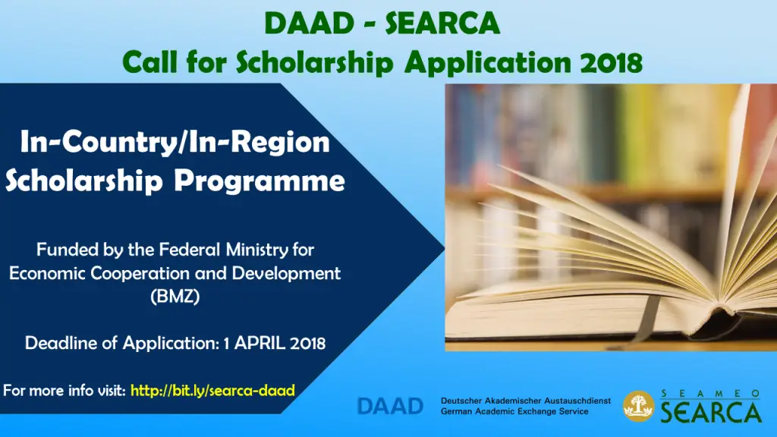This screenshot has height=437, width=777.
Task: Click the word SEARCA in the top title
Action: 442,24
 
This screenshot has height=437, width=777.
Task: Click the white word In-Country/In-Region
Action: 175,143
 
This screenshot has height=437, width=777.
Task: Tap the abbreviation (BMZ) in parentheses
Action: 175,297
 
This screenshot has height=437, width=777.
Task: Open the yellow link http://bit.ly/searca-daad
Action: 212,391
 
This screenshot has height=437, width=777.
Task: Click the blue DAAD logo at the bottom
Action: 391,407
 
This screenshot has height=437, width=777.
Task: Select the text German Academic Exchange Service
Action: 514,411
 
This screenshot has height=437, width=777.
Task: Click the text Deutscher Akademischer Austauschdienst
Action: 526,401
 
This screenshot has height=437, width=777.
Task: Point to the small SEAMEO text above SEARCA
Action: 710,394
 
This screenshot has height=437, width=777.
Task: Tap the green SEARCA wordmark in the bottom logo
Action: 711,412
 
